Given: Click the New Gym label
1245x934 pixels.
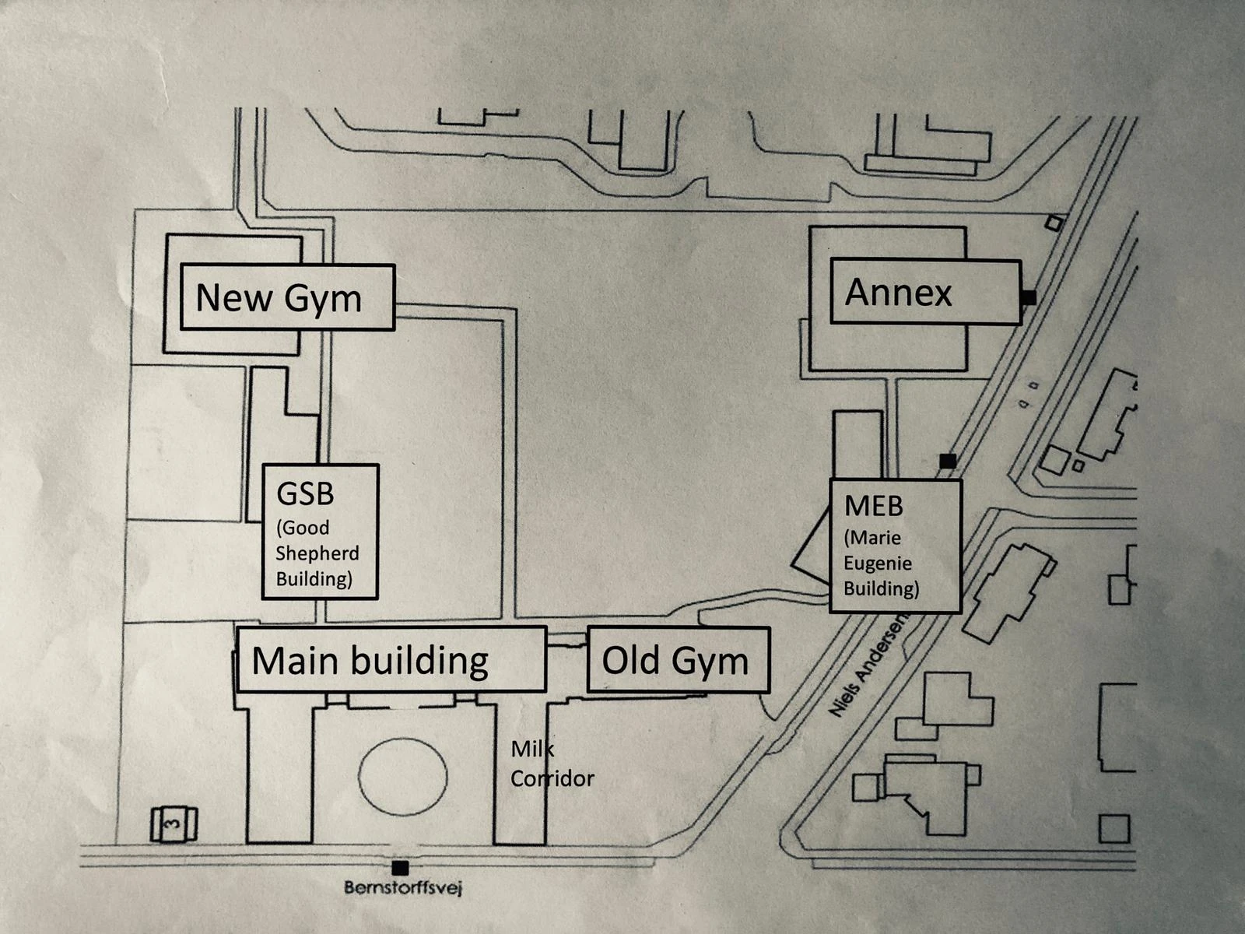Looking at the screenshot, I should click(x=287, y=297).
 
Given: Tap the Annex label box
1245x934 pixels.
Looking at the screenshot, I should click(x=925, y=292).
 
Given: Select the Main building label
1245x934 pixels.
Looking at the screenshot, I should click(x=391, y=659).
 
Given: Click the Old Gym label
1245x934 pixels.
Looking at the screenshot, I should click(x=678, y=659).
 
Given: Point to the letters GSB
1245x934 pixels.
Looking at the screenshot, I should click(x=306, y=493).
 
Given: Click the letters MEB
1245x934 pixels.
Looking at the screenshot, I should click(x=874, y=506).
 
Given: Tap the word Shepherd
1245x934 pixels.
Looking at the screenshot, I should click(x=317, y=553).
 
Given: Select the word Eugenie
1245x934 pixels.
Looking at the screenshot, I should click(x=878, y=563).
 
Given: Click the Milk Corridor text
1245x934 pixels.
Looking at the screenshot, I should click(x=552, y=764).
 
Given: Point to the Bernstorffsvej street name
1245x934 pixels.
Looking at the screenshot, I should click(x=403, y=887).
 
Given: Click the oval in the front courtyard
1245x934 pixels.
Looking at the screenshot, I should click(x=403, y=776).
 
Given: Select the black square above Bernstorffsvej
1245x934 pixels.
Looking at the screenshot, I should click(x=401, y=868).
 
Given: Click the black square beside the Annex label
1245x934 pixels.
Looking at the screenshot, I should click(x=1029, y=297).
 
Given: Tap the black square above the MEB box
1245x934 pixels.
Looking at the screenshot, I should click(x=947, y=461).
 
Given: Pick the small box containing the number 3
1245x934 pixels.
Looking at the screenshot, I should click(x=174, y=823).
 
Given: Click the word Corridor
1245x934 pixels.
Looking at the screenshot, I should click(x=552, y=778).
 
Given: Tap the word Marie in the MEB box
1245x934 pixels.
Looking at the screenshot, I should click(x=875, y=538).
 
